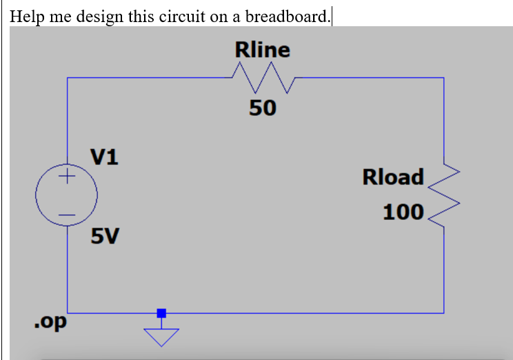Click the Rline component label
[263, 50]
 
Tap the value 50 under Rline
[263, 108]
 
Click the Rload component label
[393, 177]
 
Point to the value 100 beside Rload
[403, 212]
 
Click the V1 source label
[104, 157]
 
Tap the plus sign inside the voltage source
[66, 178]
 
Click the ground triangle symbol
[161, 336]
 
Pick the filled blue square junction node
[161, 313]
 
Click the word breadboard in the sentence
[288, 16]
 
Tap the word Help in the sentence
[28, 16]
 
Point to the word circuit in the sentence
[183, 16]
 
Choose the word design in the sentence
[100, 16]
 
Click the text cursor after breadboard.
[332, 16]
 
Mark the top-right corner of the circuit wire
[443, 79]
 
